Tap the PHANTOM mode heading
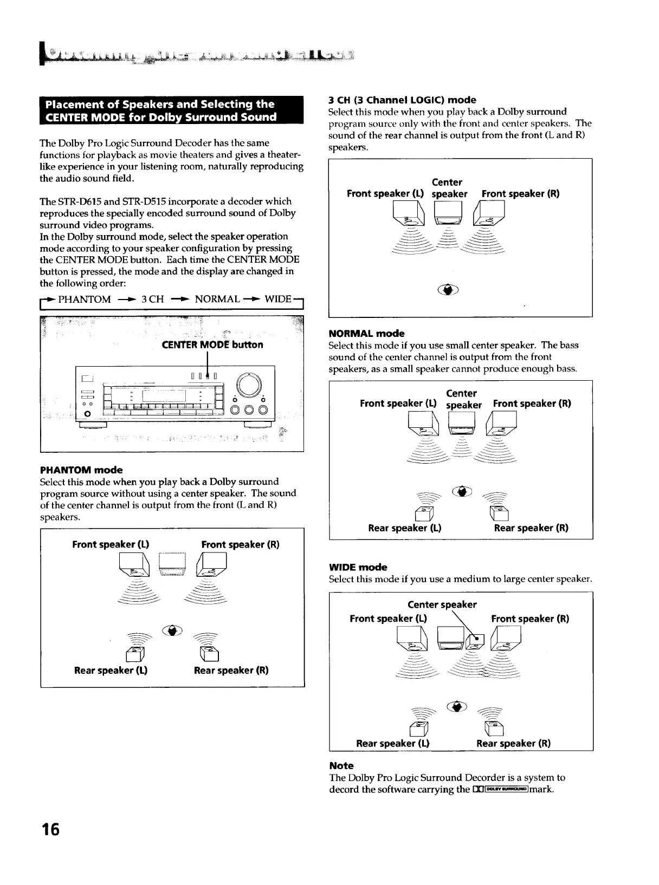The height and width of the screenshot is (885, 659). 81,470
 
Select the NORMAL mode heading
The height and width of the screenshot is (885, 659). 366,333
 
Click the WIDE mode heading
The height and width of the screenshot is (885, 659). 358,567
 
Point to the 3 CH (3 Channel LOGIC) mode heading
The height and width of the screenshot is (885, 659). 402,100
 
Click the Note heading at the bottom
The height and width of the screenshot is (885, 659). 341,765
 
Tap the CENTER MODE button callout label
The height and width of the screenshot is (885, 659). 212,345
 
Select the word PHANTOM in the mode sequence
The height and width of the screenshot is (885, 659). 84,300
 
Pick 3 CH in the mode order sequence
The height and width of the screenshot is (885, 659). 152,300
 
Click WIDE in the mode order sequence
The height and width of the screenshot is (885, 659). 278,300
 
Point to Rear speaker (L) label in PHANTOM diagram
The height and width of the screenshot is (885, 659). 111,670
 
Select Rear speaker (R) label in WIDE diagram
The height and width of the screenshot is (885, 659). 513,743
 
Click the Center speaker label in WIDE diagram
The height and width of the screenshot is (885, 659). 442,604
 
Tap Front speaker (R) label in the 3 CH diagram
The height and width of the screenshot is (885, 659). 520,193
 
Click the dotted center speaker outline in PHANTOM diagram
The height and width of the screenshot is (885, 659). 173,564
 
